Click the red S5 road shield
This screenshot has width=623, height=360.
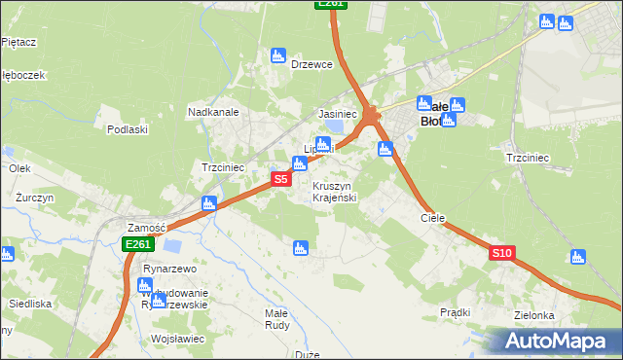(280, 179)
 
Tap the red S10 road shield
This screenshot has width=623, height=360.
(501, 253)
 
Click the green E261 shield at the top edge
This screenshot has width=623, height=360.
(331, 4)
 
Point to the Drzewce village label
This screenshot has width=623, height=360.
(312, 64)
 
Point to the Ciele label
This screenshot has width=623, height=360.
(432, 218)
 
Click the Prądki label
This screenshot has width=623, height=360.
(455, 312)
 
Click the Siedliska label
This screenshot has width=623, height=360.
(29, 304)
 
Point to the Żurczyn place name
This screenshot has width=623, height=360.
(34, 197)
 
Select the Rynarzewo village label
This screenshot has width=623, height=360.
(170, 269)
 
